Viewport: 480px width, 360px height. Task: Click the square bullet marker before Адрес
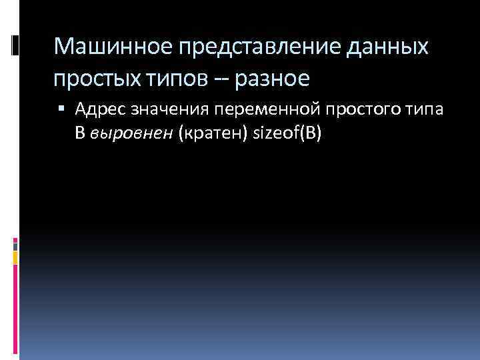[x=61, y=107]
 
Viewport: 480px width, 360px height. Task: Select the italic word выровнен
[x=131, y=133]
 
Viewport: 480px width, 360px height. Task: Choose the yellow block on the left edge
[x=15, y=256]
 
